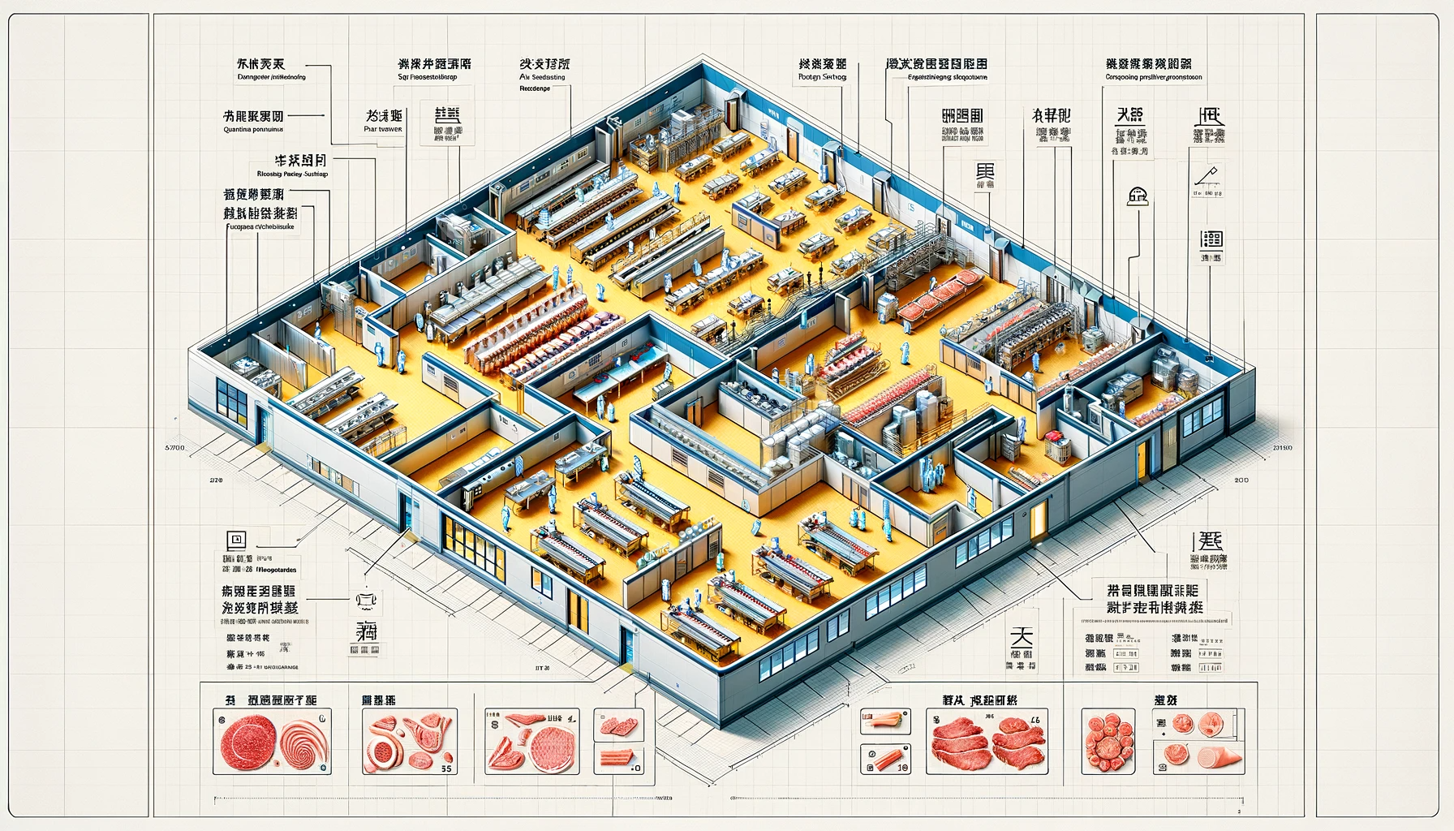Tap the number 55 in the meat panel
tap(445, 767)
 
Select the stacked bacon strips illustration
tap(614, 760)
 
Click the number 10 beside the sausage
tap(903, 767)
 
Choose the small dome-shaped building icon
tap(1138, 194)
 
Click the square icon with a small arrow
tap(237, 539)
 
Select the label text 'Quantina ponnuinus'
tap(252, 129)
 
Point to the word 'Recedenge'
tap(535, 88)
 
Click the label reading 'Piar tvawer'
tap(384, 129)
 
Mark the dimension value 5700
tap(174, 447)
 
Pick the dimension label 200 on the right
tap(1241, 480)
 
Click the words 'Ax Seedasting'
tap(542, 78)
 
